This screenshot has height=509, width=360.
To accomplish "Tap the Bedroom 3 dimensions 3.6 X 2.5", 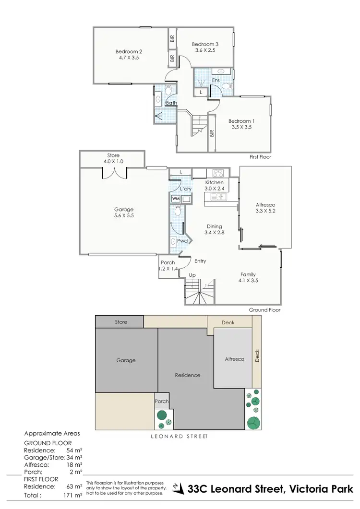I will (205, 50).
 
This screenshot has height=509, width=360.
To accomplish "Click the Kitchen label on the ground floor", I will (215, 183).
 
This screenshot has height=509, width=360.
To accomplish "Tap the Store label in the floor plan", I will (113, 155).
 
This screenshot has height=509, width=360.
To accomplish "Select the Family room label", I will (248, 274).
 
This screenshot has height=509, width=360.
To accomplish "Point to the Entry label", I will (200, 261).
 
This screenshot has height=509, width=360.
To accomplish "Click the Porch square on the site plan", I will (162, 402).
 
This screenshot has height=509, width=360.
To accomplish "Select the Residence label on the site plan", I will (187, 375).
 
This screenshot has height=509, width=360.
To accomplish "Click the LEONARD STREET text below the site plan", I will (179, 437).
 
